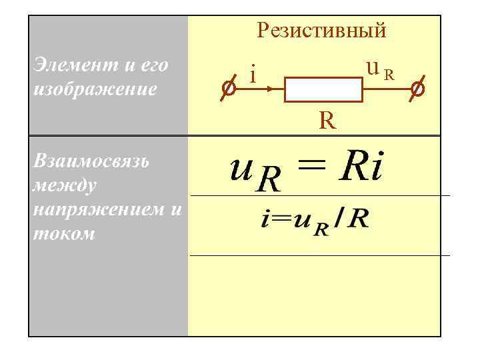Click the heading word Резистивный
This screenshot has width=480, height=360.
[321, 30]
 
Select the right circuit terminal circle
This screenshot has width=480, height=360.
[418, 88]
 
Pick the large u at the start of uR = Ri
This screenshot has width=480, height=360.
[240, 170]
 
